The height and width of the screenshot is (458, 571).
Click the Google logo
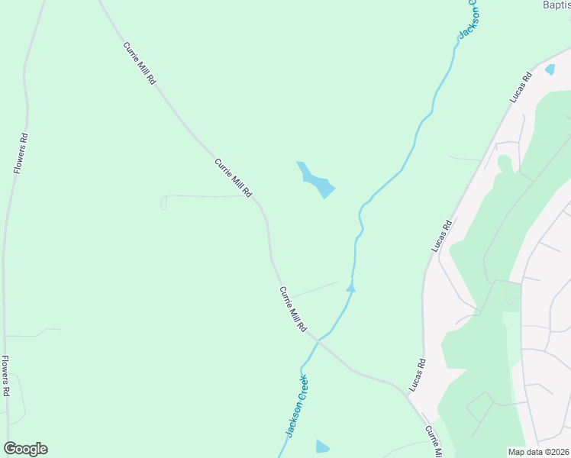click(25, 449)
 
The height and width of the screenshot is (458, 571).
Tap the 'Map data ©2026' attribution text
click(539, 452)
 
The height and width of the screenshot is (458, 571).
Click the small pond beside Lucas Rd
click(550, 69)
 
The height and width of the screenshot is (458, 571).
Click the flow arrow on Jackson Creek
click(351, 287)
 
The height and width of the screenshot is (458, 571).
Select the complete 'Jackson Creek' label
click(296, 405)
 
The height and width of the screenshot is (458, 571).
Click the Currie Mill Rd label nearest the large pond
click(233, 178)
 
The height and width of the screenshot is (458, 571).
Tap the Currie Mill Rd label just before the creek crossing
click(293, 309)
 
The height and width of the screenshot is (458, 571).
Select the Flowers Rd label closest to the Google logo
click(5, 376)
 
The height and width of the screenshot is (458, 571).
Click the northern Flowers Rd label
click(21, 154)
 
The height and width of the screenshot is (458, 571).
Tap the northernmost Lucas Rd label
click(520, 88)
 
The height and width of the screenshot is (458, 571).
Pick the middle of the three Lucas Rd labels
click(442, 236)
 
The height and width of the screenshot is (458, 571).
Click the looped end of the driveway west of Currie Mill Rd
click(163, 202)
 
